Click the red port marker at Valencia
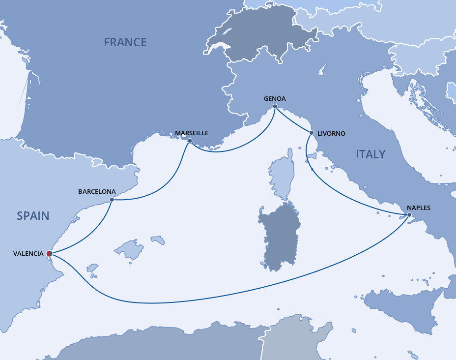pos(49,253)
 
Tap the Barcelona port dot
pos(112,200)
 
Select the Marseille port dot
pos(189,140)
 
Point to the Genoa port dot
pos(275,107)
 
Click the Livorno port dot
pos(312,133)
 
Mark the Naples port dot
pos(409,214)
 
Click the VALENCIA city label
pos(28,254)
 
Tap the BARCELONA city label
pos(97,191)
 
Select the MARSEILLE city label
pos(192,133)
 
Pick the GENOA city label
pos(275,98)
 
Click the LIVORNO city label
pos(331,133)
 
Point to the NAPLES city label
pos(419,208)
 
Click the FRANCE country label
pos(125,42)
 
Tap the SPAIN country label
pos(33,215)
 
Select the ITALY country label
pos(370,154)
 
